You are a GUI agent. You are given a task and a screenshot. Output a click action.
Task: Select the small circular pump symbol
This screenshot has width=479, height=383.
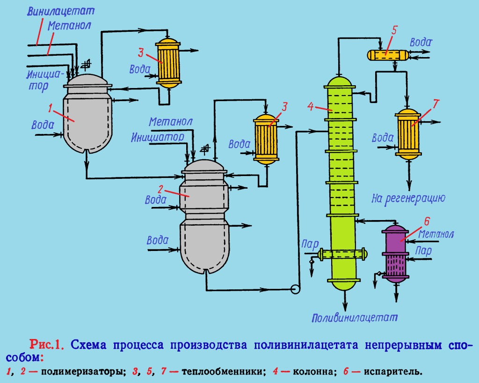point(295,289)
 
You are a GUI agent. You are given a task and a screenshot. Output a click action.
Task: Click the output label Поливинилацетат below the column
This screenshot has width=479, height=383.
point(355,318)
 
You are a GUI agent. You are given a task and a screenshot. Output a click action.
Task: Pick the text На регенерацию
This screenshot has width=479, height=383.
point(407,198)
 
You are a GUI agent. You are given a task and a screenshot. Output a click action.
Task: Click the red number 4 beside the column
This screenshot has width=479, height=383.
point(310,106)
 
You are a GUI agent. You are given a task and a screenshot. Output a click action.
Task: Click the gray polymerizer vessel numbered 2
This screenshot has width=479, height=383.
point(204,215)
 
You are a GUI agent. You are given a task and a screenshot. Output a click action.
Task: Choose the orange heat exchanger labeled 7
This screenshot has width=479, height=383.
point(407,134)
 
